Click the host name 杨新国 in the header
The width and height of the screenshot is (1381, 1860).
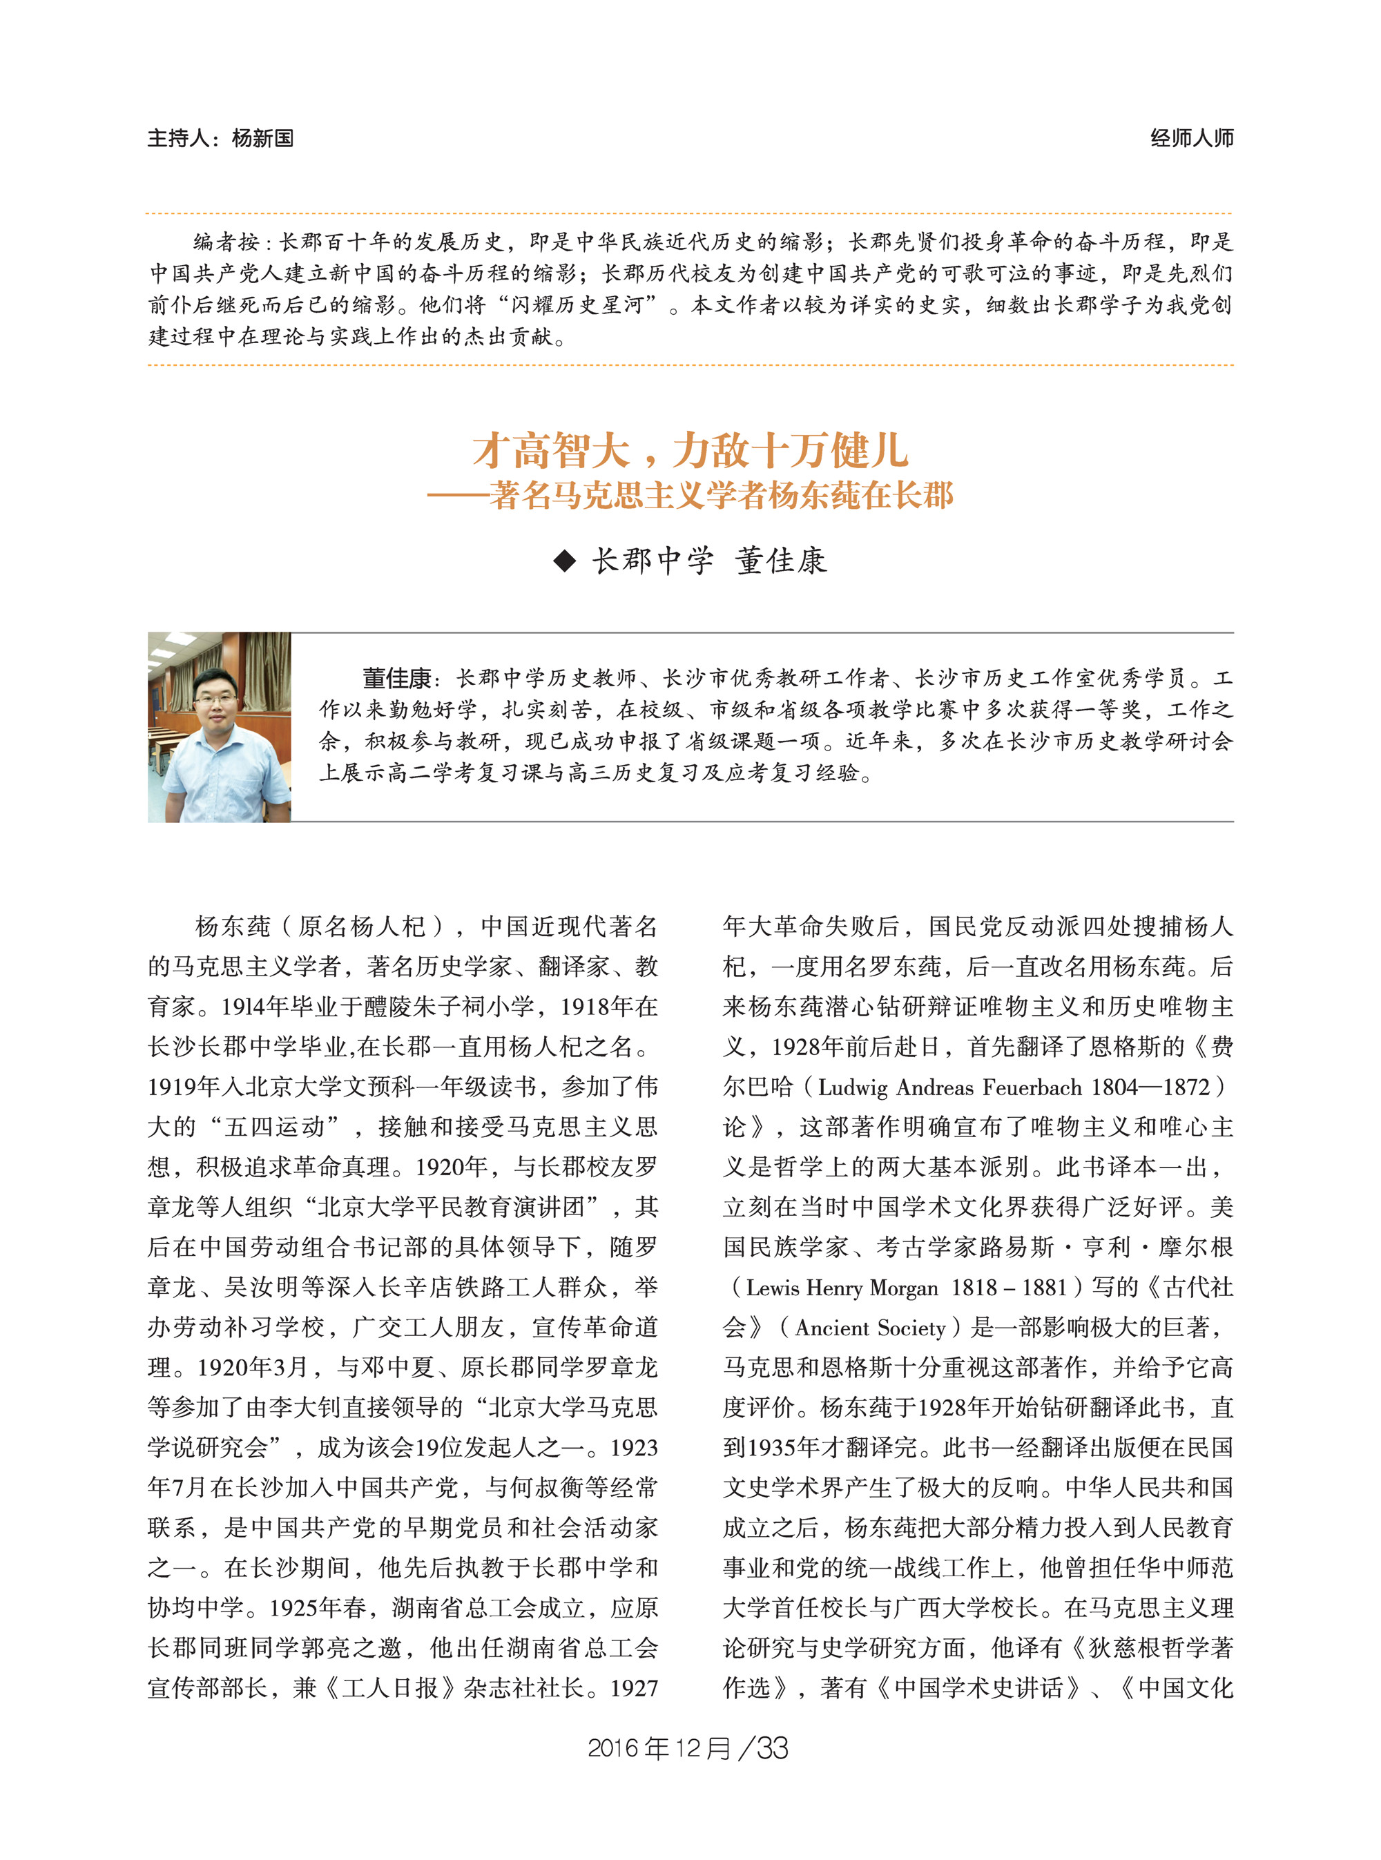pyautogui.click(x=262, y=138)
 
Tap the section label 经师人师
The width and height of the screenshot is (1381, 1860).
pyautogui.click(x=1190, y=138)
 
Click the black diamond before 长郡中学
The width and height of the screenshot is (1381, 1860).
pyautogui.click(x=565, y=561)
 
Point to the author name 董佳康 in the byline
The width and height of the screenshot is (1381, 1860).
pyautogui.click(x=781, y=561)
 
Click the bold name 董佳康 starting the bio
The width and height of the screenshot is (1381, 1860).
pyautogui.click(x=396, y=677)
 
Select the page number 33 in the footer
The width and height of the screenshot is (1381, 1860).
pyautogui.click(x=771, y=1748)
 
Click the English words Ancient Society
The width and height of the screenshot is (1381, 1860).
pyautogui.click(x=869, y=1328)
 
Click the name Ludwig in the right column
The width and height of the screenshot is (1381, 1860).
pyautogui.click(x=853, y=1087)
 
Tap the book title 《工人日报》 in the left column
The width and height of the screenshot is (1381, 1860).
pyautogui.click(x=389, y=1689)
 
